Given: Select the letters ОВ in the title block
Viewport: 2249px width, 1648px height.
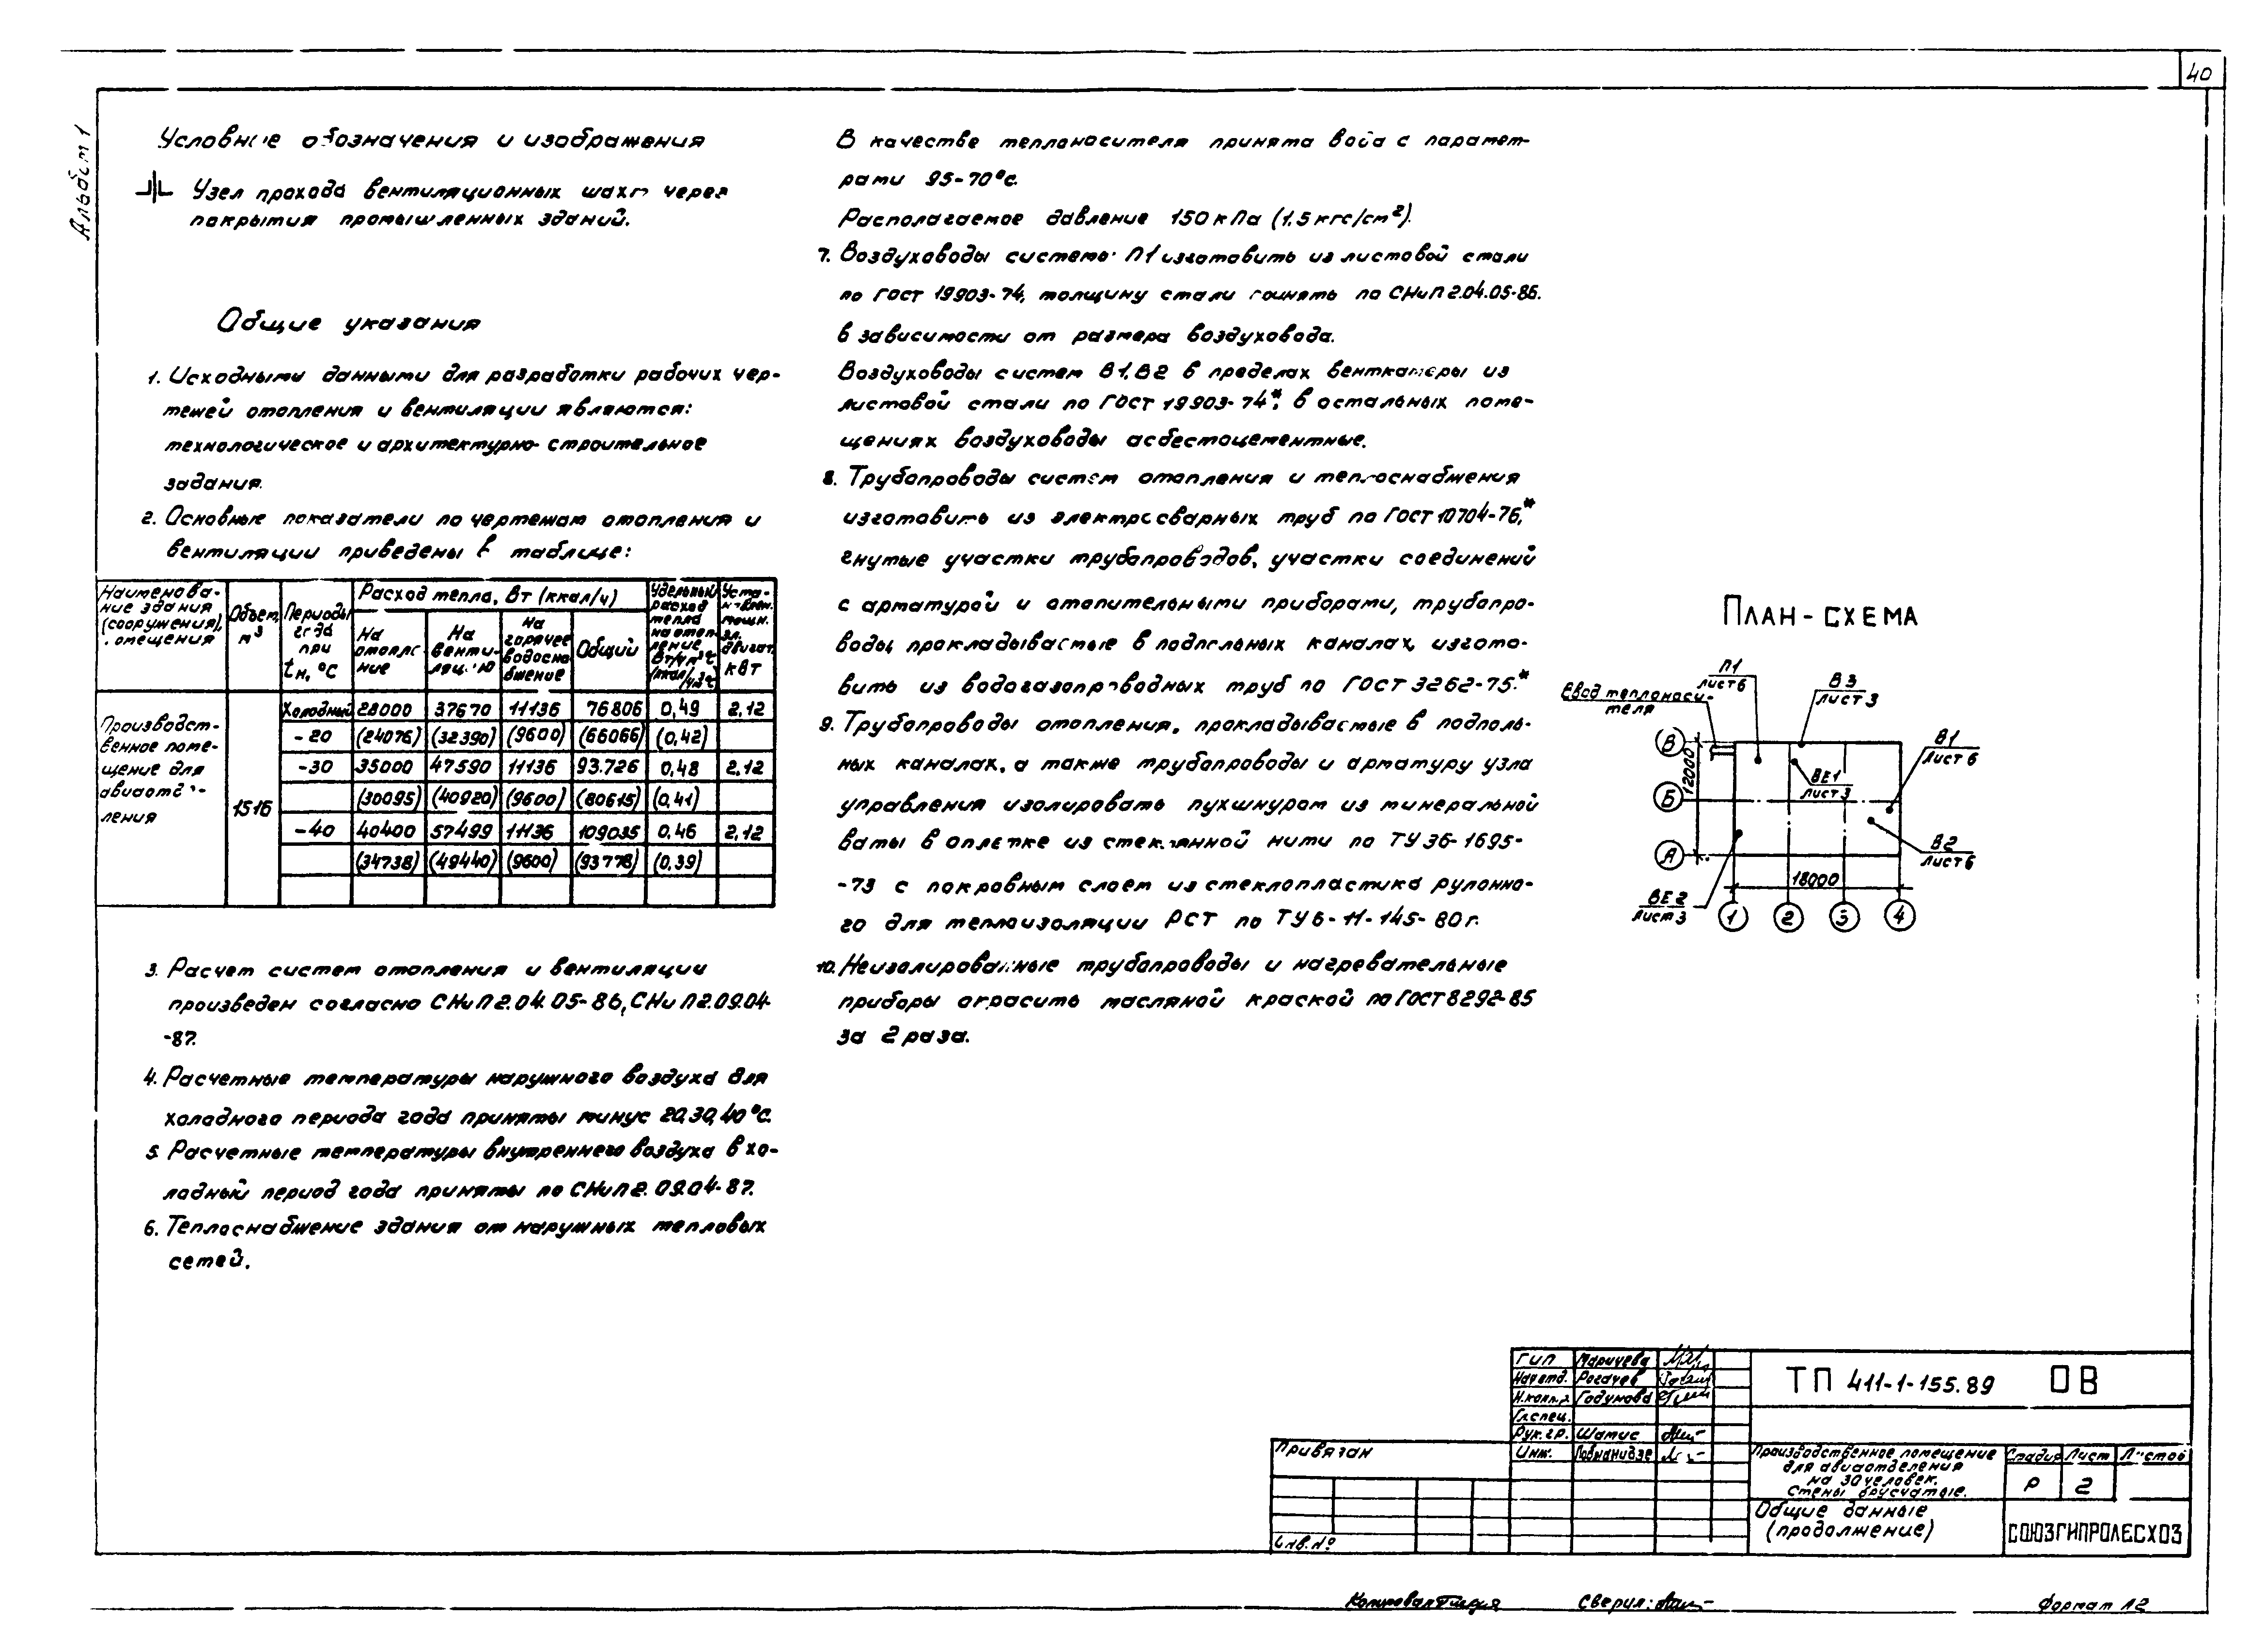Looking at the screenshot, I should click(2074, 1382).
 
